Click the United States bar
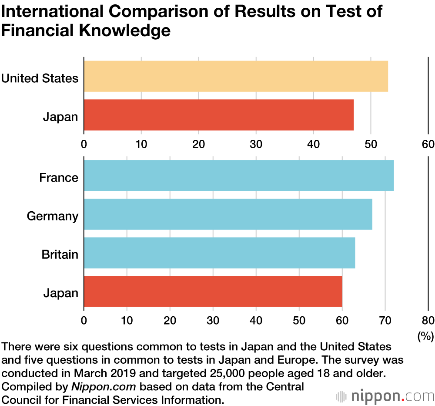236,76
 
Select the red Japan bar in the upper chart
218,115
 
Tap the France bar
238,176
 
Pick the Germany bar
228,214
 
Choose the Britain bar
219,253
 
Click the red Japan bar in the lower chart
213,291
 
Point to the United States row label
40,78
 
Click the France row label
59,178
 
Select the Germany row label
53,216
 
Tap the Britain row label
60,254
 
